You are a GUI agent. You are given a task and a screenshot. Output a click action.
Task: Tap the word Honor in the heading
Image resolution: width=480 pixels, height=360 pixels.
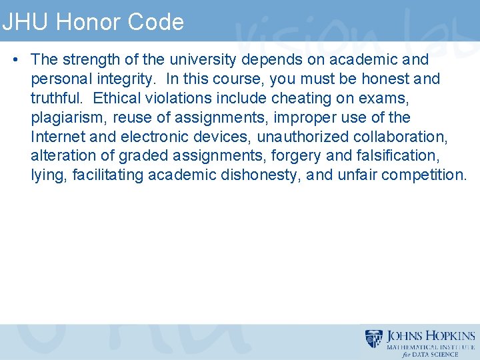78,22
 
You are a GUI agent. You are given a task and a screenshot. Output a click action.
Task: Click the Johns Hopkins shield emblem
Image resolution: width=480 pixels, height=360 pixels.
375,339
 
